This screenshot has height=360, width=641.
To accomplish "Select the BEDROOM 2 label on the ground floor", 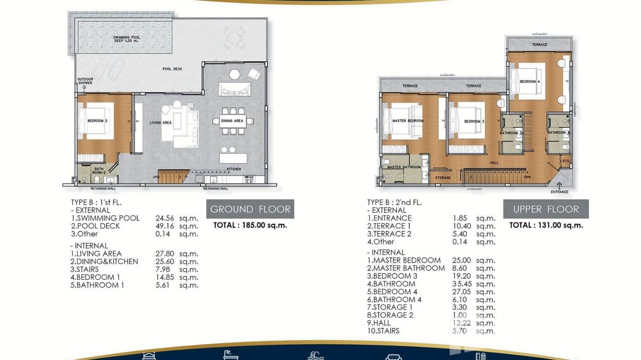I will point(97,121).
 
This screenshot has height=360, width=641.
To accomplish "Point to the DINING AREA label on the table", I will point(232,121).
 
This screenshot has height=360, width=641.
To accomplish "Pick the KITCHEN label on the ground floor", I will point(234,169).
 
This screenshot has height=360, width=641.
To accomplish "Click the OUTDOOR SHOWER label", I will point(85,81).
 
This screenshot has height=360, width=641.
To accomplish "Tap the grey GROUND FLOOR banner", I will point(250,209).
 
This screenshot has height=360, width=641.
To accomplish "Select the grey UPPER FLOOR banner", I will point(545,209).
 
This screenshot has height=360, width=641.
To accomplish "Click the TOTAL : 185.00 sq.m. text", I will point(250,225).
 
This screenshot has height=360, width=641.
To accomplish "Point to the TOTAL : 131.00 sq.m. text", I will point(546,225).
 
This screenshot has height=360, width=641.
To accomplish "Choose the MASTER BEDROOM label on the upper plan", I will point(407,121).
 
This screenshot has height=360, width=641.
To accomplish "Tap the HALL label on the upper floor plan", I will point(494,163).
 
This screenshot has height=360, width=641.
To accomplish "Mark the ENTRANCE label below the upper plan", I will point(559,192).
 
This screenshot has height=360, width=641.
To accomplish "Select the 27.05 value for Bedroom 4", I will point(461,292).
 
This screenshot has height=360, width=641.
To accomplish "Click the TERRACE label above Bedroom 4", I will point(539,45).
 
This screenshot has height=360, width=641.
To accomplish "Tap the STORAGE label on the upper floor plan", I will point(443,178).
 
